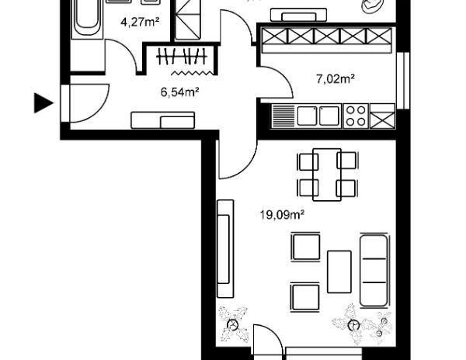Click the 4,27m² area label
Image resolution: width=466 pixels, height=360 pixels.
[x=140, y=22]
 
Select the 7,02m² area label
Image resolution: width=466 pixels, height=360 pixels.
[x=336, y=78]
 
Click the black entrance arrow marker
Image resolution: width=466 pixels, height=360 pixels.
[x=43, y=102]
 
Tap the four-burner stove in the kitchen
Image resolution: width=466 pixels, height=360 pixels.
[x=356, y=116]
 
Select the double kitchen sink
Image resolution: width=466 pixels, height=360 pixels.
[x=317, y=116]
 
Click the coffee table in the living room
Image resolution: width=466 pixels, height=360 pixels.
[x=339, y=271]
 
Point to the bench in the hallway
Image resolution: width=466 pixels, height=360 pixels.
[x=163, y=119]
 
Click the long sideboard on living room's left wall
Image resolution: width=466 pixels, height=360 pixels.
[x=225, y=248]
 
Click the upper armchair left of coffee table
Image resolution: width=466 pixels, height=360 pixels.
[x=305, y=247]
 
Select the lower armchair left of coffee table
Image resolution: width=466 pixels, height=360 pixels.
[x=304, y=296]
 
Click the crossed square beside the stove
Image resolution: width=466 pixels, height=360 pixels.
[x=383, y=116]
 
